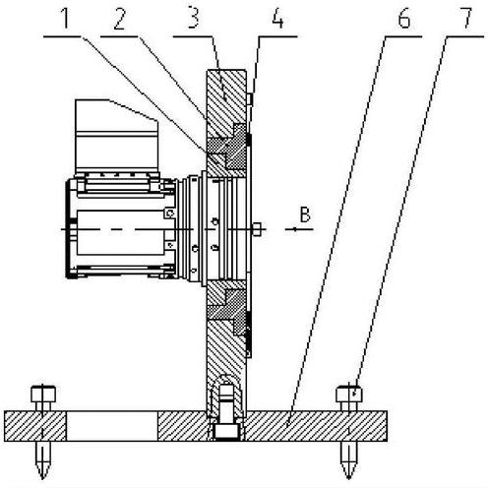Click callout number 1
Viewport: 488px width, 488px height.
click(66, 19)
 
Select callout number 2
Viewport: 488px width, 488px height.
click(120, 19)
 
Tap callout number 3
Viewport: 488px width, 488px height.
click(193, 19)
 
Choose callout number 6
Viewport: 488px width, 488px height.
click(403, 19)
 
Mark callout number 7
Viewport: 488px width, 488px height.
click(465, 19)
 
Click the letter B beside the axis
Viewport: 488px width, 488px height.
click(305, 214)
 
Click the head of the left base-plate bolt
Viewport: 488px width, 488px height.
click(43, 395)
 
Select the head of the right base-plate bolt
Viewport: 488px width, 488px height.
click(349, 395)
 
